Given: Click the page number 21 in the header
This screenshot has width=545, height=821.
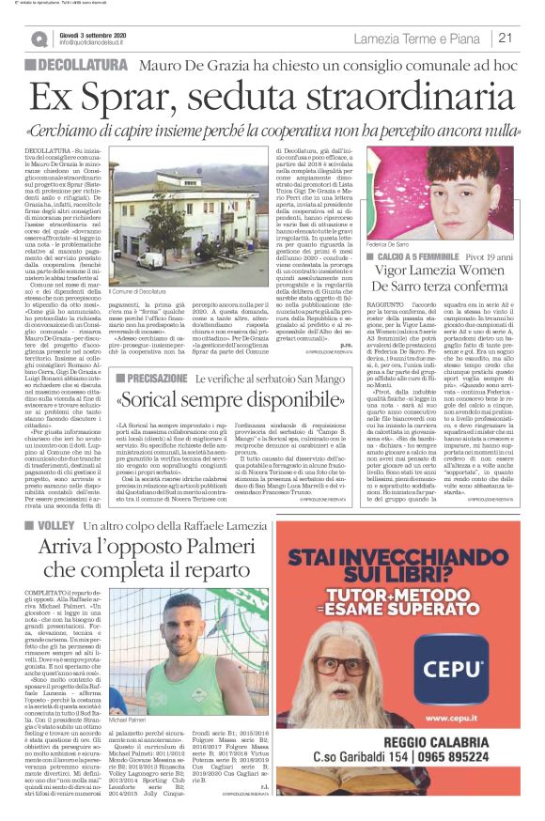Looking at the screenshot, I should [x=504, y=39].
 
